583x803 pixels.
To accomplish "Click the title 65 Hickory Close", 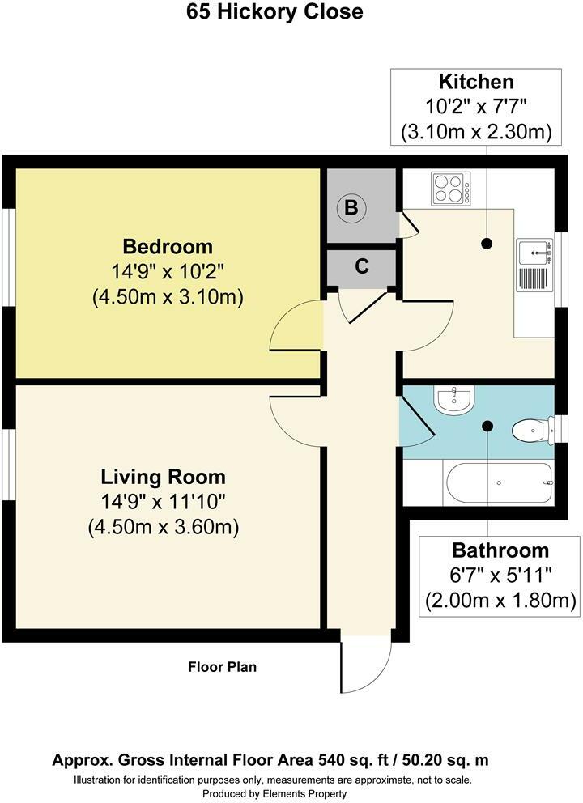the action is click(x=274, y=12).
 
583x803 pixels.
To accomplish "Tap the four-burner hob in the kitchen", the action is click(x=451, y=188).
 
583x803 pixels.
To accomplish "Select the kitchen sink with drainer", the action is click(x=535, y=265).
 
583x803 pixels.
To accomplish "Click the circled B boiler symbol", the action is click(x=351, y=207).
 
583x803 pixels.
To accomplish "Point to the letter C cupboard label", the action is click(x=362, y=266).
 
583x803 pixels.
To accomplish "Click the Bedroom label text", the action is click(x=168, y=246).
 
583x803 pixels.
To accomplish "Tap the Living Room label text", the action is click(x=163, y=476).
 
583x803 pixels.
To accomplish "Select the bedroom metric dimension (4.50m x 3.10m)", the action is click(x=168, y=297).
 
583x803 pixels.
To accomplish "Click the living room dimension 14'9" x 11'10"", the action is click(x=163, y=501).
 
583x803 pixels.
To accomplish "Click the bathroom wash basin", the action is click(x=454, y=399).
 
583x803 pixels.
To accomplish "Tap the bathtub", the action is click(x=500, y=483).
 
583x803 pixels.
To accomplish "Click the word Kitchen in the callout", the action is click(x=476, y=82).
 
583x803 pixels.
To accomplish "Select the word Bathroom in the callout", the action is click(x=500, y=550).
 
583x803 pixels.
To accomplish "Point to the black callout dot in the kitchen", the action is click(x=486, y=244).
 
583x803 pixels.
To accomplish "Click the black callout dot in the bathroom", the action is click(x=487, y=426).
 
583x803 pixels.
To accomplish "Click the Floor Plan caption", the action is click(x=223, y=667).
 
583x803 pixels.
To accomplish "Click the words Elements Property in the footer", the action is click(x=304, y=794).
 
